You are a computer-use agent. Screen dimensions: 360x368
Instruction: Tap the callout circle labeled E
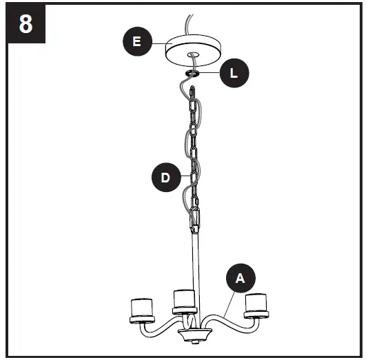pyautogui.click(x=136, y=42)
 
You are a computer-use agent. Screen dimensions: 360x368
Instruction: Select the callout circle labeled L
pyautogui.click(x=234, y=73)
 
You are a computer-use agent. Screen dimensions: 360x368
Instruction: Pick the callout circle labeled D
pyautogui.click(x=165, y=178)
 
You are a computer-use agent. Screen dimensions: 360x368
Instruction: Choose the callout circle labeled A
pyautogui.click(x=240, y=278)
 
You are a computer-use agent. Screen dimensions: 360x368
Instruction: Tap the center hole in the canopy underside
pyautogui.click(x=192, y=54)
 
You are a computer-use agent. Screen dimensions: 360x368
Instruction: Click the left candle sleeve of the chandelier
pyautogui.click(x=141, y=306)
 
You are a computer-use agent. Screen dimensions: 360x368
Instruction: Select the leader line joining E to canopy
pyautogui.click(x=158, y=43)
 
